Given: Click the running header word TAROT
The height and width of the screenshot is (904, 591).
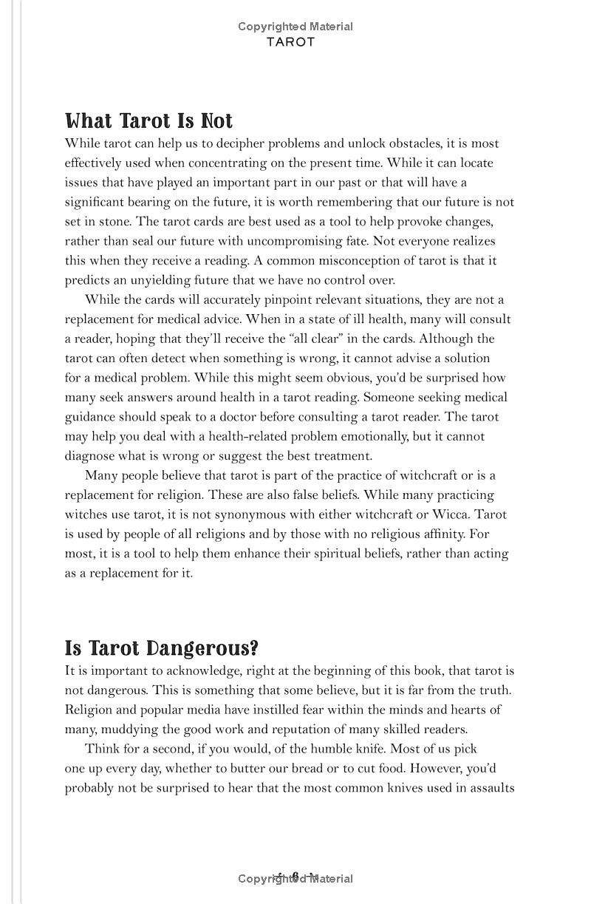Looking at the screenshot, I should tap(291, 42).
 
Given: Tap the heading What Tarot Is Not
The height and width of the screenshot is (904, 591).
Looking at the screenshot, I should tap(148, 121).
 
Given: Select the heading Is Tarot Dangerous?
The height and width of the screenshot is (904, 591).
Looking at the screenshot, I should tap(161, 648).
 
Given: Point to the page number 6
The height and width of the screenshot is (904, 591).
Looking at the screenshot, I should tap(295, 877).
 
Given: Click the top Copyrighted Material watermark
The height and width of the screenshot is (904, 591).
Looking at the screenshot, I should tap(295, 27).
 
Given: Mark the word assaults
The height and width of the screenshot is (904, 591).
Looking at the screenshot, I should tap(490, 788).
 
